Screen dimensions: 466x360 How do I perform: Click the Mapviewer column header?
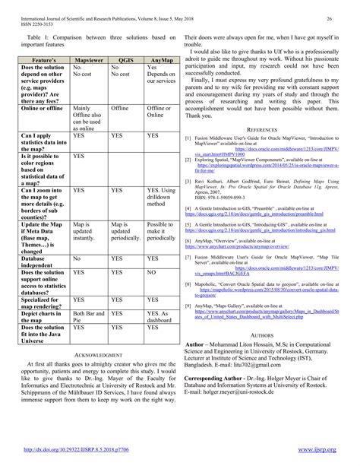point(90,57)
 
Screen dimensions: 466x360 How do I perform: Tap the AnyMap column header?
point(161,57)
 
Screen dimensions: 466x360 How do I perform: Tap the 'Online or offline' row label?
point(41,109)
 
